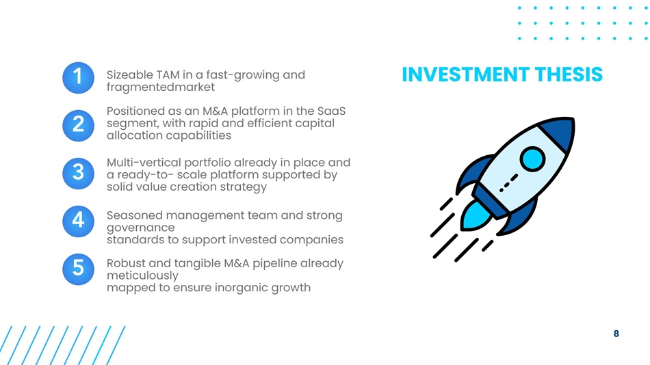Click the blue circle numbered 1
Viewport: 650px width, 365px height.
tap(79, 78)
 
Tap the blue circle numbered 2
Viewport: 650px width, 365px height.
tap(79, 126)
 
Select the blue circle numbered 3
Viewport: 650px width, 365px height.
tap(79, 174)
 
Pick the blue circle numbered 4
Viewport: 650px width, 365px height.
tap(79, 221)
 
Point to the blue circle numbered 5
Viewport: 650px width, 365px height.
tap(79, 269)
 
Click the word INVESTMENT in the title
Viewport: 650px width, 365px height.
tap(465, 75)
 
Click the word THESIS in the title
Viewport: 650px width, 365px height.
tap(569, 75)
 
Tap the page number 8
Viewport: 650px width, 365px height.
tap(616, 334)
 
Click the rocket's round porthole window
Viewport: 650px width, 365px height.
tap(533, 159)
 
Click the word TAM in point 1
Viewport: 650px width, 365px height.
tap(168, 75)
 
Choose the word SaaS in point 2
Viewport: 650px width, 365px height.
tap(331, 111)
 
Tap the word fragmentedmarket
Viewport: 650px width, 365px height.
tap(160, 87)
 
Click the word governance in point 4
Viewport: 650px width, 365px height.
tap(140, 228)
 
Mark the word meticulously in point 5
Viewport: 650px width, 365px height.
tap(142, 276)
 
